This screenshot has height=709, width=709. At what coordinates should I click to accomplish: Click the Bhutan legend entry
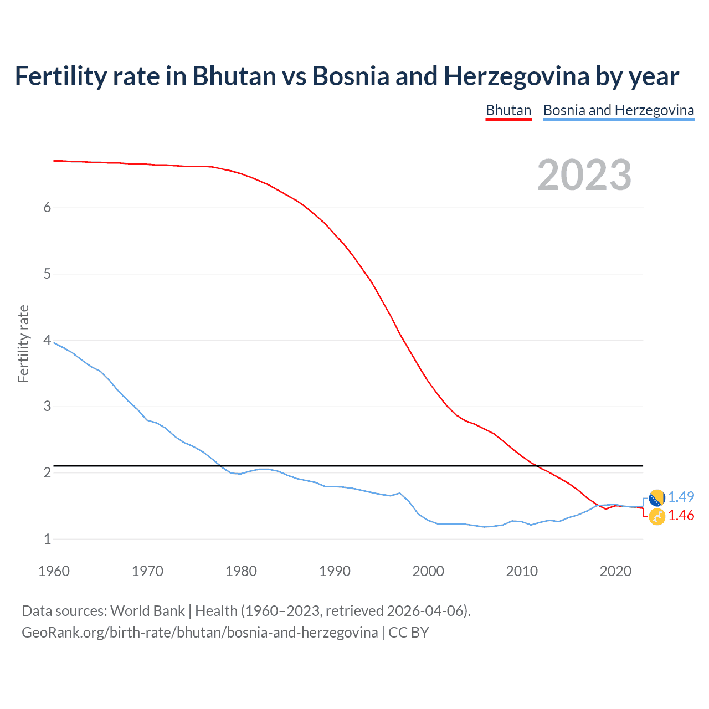tap(508, 110)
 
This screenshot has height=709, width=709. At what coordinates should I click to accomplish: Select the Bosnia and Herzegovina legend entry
tap(618, 110)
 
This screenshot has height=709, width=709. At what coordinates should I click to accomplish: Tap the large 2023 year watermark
tap(584, 175)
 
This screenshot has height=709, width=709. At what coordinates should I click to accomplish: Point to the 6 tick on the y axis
tap(47, 207)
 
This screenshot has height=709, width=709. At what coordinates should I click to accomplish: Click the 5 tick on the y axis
tap(47, 274)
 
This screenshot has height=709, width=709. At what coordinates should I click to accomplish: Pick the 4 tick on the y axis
tap(47, 340)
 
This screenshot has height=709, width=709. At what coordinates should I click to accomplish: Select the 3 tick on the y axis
tap(47, 406)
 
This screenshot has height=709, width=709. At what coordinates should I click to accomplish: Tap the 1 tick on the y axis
tap(47, 539)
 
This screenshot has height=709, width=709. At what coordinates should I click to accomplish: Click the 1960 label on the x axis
tap(54, 571)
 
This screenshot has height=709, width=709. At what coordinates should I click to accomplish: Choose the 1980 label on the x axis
tap(241, 571)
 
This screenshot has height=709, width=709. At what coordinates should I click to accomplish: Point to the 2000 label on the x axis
tap(428, 571)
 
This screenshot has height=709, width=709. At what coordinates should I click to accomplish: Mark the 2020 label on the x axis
tap(615, 571)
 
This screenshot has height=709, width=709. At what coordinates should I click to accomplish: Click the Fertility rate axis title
tap(23, 343)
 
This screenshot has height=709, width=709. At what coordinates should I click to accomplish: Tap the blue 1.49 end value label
tap(681, 497)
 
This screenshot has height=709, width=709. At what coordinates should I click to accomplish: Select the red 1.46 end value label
tap(681, 515)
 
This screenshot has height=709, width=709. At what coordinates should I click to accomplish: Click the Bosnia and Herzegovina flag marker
tap(657, 498)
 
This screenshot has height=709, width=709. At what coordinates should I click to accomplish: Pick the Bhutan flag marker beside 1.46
tap(657, 516)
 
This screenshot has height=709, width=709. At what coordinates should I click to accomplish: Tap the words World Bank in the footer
tap(147, 611)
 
